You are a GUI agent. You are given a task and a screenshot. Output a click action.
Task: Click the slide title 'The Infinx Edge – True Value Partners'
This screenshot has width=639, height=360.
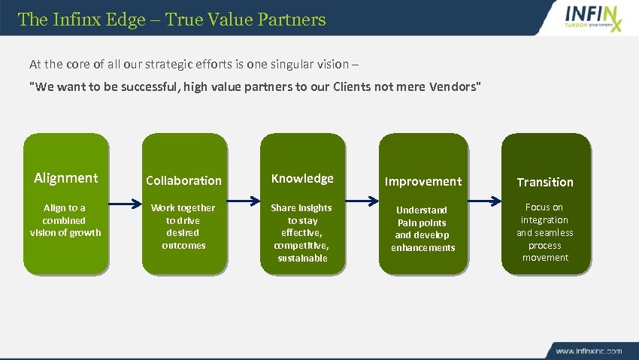pyautogui.click(x=171, y=19)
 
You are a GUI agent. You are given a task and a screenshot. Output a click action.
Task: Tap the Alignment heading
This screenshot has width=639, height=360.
pyautogui.click(x=66, y=178)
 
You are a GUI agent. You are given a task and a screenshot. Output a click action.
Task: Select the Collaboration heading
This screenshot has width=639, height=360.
pyautogui.click(x=183, y=180)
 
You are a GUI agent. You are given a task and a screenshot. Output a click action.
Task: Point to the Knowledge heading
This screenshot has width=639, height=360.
pyautogui.click(x=302, y=178)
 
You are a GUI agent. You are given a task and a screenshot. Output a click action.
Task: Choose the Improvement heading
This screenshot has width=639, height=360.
pyautogui.click(x=423, y=181)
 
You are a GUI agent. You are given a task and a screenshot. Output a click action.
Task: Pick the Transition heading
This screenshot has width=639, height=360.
pyautogui.click(x=545, y=182)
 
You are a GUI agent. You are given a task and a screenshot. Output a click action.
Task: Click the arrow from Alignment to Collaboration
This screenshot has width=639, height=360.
pyautogui.click(x=125, y=201)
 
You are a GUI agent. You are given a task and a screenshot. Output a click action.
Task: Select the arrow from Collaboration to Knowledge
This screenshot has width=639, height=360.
pyautogui.click(x=243, y=201)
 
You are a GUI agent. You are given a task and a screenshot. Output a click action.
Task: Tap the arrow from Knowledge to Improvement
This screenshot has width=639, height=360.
pyautogui.click(x=362, y=201)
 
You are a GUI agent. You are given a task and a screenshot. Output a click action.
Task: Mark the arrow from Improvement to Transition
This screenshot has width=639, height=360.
pyautogui.click(x=485, y=201)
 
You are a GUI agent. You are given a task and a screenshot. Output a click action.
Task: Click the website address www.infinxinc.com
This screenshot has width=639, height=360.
pyautogui.click(x=589, y=350)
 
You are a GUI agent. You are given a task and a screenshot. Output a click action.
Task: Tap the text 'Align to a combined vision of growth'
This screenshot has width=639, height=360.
pyautogui.click(x=65, y=220)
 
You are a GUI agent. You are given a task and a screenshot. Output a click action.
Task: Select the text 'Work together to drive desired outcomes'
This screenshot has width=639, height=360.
pyautogui.click(x=183, y=226)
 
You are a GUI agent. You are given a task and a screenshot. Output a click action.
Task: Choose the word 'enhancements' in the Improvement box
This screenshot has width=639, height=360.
pyautogui.click(x=423, y=248)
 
